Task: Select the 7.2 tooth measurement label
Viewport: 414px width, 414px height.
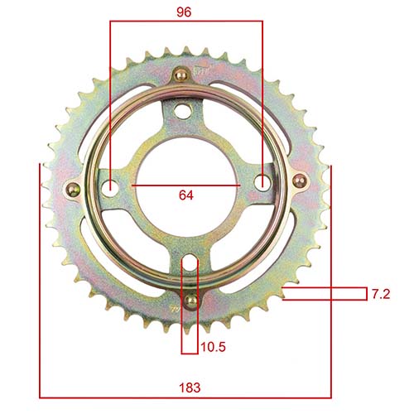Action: click(x=381, y=294)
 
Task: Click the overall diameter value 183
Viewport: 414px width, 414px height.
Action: click(x=190, y=387)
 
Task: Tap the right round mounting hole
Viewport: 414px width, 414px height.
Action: click(x=262, y=185)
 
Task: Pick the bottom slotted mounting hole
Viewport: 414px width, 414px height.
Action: click(x=190, y=267)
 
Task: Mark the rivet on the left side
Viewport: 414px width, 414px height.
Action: click(x=74, y=188)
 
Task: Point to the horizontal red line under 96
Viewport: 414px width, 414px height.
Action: click(x=186, y=22)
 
